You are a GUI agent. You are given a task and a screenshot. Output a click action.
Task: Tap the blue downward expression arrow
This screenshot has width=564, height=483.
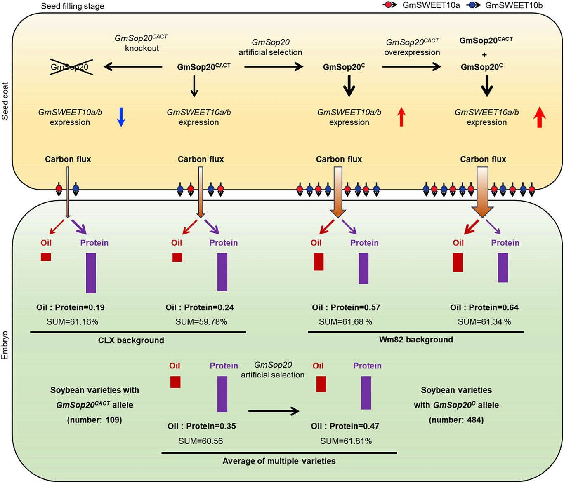click(x=121, y=117)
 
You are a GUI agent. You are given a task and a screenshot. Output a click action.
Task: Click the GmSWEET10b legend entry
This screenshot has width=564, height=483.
click(x=505, y=5)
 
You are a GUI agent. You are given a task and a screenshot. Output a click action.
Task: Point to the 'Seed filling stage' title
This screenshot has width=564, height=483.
click(x=73, y=6)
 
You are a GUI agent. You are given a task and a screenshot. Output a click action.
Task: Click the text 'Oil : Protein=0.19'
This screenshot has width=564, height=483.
click(x=71, y=307)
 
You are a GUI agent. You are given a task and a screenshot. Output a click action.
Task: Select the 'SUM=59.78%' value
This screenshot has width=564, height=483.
click(x=201, y=322)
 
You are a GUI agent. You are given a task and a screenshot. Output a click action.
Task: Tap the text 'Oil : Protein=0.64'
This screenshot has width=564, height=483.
click(x=484, y=307)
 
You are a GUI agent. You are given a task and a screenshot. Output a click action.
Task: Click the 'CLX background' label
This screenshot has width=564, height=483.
click(x=131, y=340)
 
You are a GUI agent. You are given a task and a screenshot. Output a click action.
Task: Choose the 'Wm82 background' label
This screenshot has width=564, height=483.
click(x=416, y=340)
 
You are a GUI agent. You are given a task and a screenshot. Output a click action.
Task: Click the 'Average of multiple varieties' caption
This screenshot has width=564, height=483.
click(x=279, y=461)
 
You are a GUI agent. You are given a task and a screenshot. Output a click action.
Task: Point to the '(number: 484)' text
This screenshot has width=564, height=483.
click(x=456, y=420)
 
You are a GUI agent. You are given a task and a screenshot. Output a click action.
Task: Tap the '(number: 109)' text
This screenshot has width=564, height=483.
click(x=94, y=420)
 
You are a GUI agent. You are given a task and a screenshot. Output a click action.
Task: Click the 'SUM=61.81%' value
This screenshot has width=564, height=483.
click(x=346, y=441)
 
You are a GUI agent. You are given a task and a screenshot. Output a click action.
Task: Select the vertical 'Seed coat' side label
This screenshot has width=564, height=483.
click(x=5, y=101)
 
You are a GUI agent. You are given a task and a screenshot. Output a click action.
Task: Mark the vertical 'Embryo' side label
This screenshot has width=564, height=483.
click(x=5, y=345)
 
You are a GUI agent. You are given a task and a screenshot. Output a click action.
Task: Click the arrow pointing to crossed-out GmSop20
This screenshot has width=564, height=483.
click(x=133, y=66)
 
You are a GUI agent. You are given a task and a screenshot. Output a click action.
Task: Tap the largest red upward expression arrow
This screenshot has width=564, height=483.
click(x=539, y=117)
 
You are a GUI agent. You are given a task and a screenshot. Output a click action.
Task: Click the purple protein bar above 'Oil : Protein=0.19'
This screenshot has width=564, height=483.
click(x=91, y=273)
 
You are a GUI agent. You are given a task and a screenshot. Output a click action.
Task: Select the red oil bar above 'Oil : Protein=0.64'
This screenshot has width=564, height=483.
click(x=458, y=262)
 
